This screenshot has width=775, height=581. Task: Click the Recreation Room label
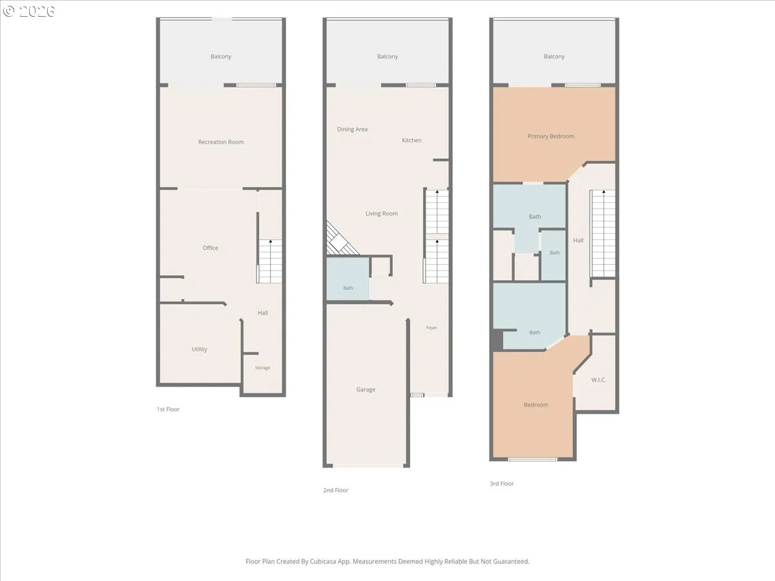click(221, 142)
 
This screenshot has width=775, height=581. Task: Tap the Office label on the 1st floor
click(210, 248)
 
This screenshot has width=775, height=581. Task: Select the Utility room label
click(199, 349)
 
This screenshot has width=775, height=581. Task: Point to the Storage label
click(262, 368)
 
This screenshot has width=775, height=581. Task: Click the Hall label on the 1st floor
click(263, 313)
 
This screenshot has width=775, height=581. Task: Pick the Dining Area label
click(352, 130)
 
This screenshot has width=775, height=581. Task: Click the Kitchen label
click(411, 140)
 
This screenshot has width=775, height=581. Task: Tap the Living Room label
click(381, 214)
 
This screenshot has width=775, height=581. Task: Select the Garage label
click(366, 390)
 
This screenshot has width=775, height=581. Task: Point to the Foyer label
click(431, 328)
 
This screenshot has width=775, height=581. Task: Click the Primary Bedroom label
click(551, 136)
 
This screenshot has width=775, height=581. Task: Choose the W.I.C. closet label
click(599, 380)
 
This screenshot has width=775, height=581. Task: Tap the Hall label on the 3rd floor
click(578, 241)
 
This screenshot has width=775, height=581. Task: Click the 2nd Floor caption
click(335, 491)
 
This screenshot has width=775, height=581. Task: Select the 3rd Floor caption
click(501, 484)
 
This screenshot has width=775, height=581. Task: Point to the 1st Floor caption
click(168, 409)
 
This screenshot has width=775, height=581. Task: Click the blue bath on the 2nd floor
click(347, 279)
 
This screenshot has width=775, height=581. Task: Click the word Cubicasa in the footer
click(324, 562)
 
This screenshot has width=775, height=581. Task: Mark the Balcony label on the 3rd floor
click(554, 56)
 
